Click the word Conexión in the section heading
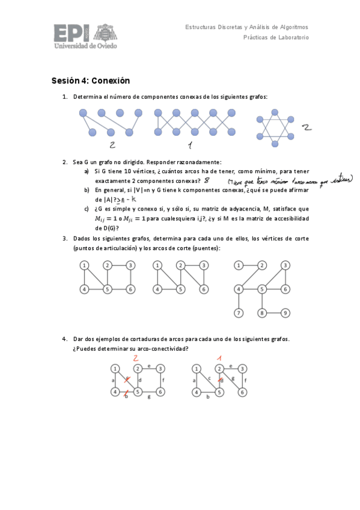[x=111, y=81]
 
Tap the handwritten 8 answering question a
[x=207, y=180]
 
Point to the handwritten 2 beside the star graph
[x=306, y=127]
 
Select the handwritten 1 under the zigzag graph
[x=190, y=145]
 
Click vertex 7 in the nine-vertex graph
[x=239, y=313]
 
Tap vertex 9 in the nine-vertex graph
[x=285, y=313]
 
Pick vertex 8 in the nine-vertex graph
[x=262, y=313]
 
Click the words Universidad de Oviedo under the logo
[x=85, y=46]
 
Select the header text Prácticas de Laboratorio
[x=276, y=37]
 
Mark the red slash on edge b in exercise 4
[x=126, y=395]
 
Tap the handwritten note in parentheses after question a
[x=290, y=179]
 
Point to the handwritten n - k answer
[x=127, y=199]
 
